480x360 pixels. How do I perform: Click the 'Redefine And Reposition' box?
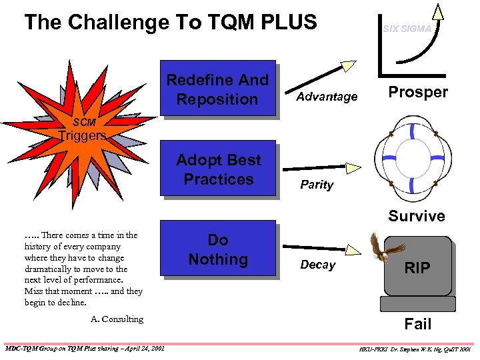[x=217, y=89]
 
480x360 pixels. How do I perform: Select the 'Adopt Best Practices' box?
[x=219, y=169]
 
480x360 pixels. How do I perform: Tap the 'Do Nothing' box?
[x=218, y=249]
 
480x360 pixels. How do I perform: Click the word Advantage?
[x=327, y=97]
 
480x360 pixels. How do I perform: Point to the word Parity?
[x=316, y=185]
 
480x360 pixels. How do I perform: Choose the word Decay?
[x=317, y=265]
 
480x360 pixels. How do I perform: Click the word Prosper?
[x=418, y=92]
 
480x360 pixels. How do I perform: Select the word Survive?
[x=417, y=216]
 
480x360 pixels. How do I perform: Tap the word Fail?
[x=418, y=324]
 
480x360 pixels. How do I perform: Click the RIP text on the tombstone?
[x=418, y=268]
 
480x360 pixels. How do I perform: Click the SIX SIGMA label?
[x=406, y=29]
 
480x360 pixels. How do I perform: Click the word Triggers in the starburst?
[x=82, y=136]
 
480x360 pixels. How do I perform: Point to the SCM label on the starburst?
[x=84, y=123]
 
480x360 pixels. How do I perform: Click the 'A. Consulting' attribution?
[x=117, y=319]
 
